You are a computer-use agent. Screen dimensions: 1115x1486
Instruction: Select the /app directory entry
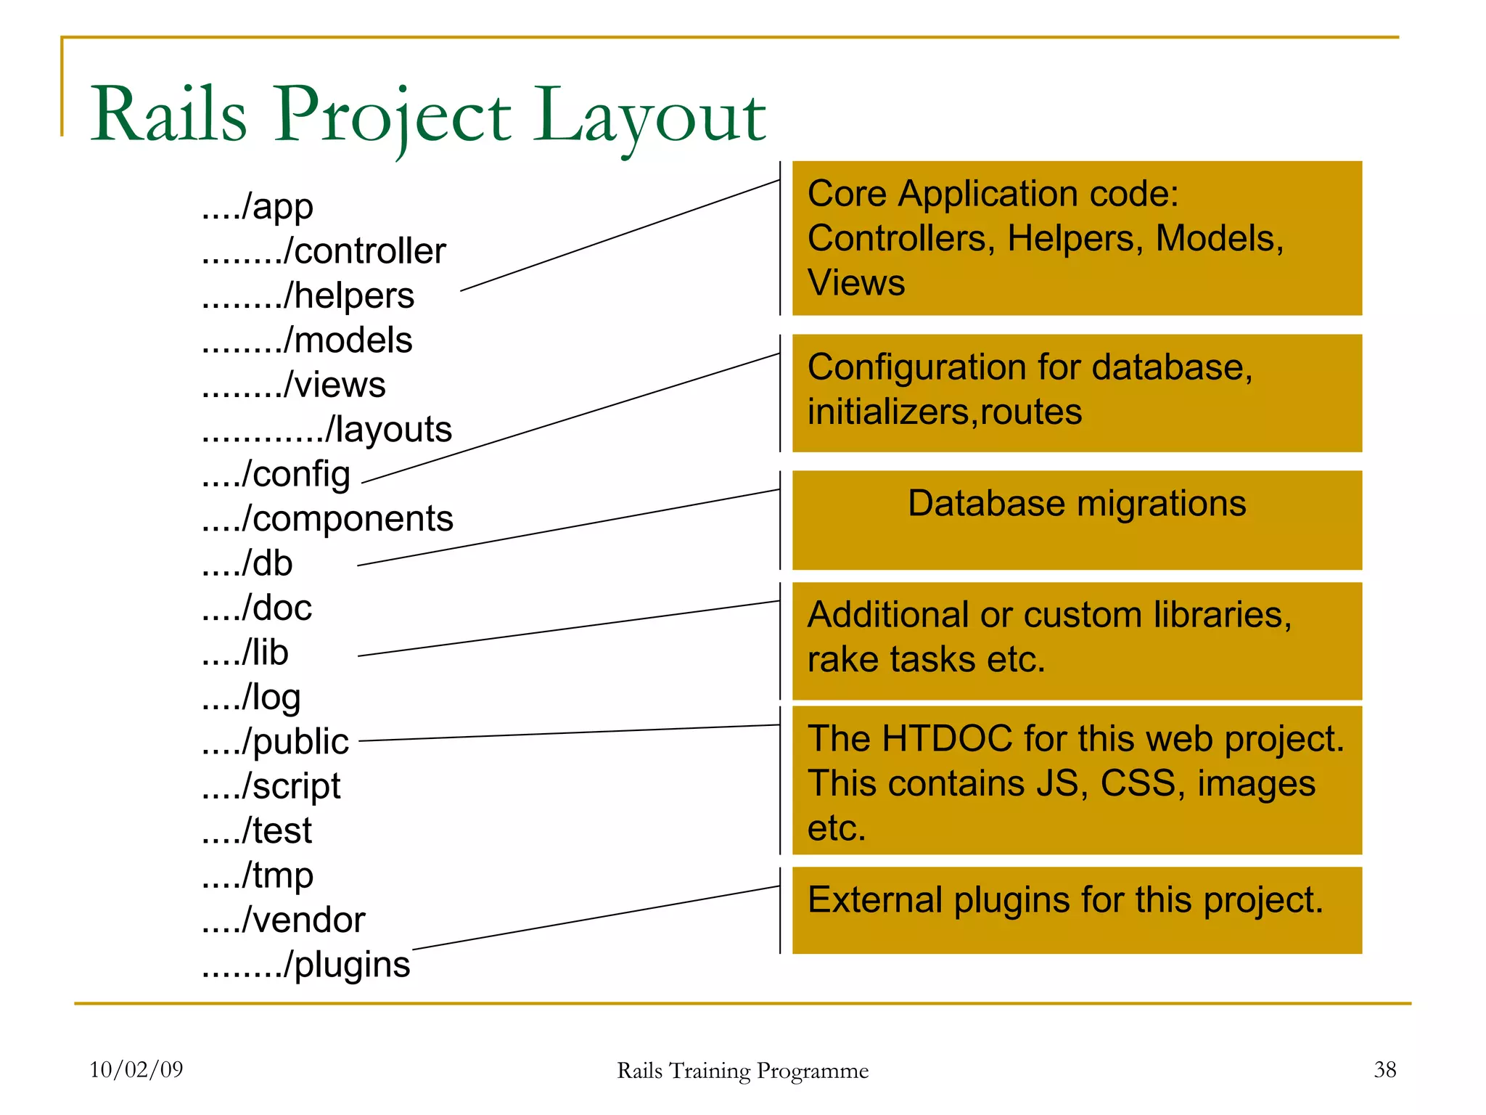coord(258,208)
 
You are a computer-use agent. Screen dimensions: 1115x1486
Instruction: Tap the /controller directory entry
coord(324,252)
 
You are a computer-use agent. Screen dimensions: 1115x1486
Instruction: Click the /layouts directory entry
coord(327,430)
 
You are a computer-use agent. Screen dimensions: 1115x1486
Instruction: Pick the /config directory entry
coord(276,475)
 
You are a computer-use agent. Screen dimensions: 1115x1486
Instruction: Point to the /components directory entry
coord(327,519)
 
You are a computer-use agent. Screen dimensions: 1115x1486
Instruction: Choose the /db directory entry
coord(247,564)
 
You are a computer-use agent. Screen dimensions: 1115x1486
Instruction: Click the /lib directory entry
coord(245,653)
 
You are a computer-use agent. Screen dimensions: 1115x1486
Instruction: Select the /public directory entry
coord(276,742)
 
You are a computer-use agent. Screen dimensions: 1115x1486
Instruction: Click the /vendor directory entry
coord(284,920)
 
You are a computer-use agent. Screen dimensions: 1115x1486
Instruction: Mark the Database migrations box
coord(1077,520)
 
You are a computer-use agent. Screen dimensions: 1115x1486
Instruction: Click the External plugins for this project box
coord(1077,910)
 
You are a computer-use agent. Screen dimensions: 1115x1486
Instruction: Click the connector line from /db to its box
coord(569,528)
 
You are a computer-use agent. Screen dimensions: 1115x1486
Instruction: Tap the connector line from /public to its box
coord(569,733)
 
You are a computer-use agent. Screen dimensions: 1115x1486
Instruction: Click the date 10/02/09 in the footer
coord(136,1069)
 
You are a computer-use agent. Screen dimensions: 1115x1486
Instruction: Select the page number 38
coord(1384,1069)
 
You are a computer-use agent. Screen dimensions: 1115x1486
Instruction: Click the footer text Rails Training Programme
coord(742,1071)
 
